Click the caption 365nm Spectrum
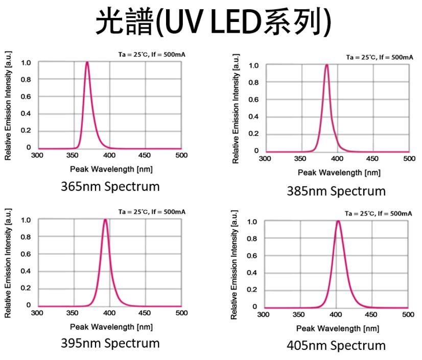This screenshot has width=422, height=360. click(110, 186)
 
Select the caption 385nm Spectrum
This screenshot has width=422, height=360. click(336, 191)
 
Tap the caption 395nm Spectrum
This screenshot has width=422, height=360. click(110, 342)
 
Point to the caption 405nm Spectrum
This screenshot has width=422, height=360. click(336, 345)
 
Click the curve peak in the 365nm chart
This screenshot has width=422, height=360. click(87, 62)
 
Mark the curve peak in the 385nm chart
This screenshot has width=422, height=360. click(326, 65)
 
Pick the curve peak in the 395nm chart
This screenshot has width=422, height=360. click(105, 220)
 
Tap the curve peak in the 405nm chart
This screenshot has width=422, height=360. click(338, 222)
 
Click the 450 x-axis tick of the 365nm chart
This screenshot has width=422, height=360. click(145, 155)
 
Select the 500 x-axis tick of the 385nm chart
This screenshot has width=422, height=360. click(409, 158)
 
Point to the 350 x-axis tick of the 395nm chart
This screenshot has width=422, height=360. click(74, 313)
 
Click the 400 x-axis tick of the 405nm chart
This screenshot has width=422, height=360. click(336, 315)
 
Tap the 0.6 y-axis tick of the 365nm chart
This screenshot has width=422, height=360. click(26, 97)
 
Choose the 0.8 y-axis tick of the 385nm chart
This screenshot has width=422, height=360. click(253, 82)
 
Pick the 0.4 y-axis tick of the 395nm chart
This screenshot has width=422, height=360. click(26, 271)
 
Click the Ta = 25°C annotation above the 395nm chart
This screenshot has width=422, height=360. click(152, 211)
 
